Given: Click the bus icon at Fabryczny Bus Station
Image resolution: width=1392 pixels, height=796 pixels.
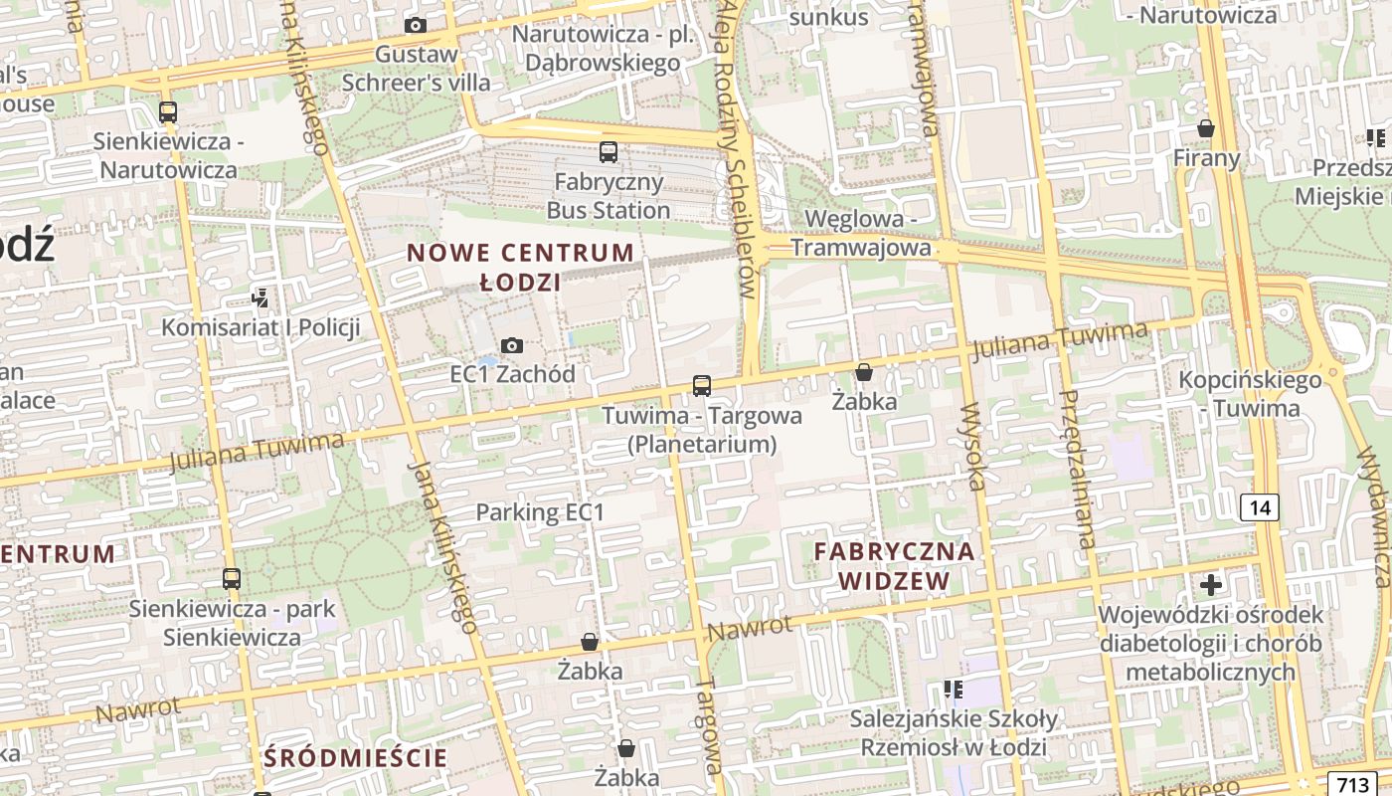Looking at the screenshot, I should tap(608, 152).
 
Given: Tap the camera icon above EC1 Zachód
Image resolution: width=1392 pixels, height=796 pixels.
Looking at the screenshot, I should tap(512, 345).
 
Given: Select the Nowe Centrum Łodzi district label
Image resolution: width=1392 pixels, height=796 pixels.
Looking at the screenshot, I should tap(520, 267).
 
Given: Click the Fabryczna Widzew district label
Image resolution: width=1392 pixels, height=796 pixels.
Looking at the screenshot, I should tap(895, 565).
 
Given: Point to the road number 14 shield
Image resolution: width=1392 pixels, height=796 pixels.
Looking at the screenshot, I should tap(1260, 507).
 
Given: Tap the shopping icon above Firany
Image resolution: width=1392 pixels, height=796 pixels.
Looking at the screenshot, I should tap(1206, 128).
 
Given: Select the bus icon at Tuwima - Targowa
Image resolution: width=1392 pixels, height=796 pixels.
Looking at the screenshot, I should tap(702, 385).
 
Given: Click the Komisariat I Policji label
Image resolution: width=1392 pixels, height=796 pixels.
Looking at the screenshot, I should tap(261, 327).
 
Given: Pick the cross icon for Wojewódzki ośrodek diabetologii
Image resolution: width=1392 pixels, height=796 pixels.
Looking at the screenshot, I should tap(1211, 584).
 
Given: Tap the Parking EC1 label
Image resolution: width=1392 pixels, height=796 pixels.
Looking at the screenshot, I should tap(540, 512).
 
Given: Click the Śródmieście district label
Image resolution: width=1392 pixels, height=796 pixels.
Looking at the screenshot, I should tap(356, 757).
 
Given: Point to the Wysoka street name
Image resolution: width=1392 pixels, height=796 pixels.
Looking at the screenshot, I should tap(973, 447).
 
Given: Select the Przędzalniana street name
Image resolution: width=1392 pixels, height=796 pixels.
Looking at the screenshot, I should tap(1078, 469).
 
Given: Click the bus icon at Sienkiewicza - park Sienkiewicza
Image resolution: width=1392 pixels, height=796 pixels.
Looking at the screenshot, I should tap(232, 578).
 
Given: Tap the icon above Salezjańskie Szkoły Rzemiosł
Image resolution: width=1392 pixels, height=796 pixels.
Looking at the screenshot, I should tap(954, 689).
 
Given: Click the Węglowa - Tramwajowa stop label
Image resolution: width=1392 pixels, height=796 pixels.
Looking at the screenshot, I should tap(868, 233).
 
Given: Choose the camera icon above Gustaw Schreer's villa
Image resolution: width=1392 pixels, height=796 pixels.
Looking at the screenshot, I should tap(416, 25).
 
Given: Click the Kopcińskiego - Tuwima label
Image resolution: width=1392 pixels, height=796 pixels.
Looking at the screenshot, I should tap(1250, 394).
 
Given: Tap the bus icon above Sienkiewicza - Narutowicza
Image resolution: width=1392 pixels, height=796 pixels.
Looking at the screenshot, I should tap(168, 112).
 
